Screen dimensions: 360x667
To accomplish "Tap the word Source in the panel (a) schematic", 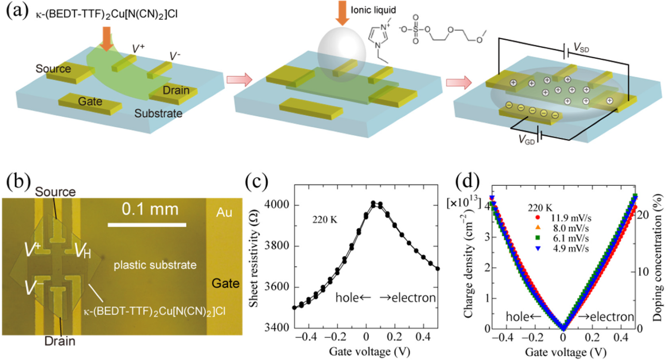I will (53, 69).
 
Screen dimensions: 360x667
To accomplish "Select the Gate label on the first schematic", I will (90, 102).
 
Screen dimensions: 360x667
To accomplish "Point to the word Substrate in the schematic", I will (158, 113).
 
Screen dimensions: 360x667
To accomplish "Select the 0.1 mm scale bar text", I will (150, 210).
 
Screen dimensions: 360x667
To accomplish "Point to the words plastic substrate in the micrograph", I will (155, 265).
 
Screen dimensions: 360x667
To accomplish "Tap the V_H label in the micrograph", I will (83, 250).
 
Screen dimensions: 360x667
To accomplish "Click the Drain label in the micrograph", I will (60, 341).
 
